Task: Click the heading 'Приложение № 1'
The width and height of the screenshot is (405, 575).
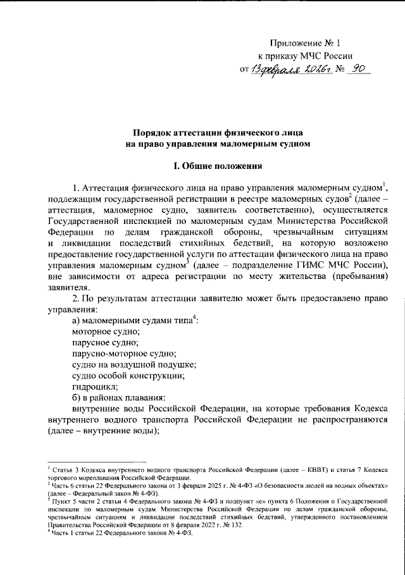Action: click(x=305, y=44)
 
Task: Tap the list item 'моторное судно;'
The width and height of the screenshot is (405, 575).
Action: click(x=106, y=331)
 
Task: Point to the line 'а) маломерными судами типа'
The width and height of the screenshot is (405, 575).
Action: click(x=133, y=321)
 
